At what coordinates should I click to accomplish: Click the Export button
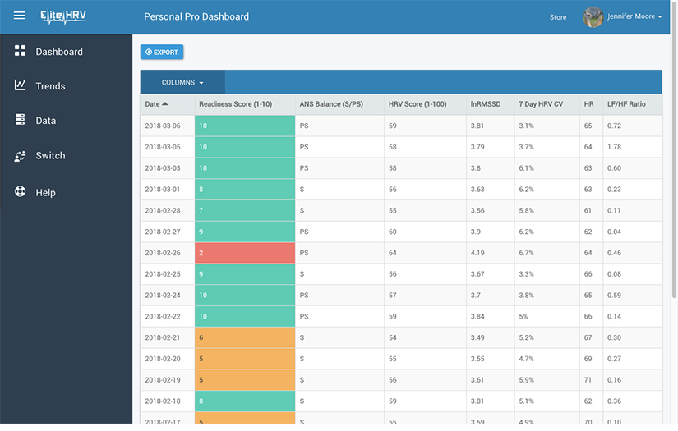tap(162, 53)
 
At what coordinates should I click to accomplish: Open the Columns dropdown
tap(182, 82)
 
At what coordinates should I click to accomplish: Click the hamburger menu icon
tap(20, 16)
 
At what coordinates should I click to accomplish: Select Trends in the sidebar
tap(50, 86)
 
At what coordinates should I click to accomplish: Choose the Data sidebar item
tap(46, 121)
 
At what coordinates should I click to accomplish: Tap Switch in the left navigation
tap(50, 156)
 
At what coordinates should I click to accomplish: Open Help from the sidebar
tap(45, 193)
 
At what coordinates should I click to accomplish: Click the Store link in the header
tap(558, 17)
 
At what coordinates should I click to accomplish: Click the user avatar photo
tap(593, 16)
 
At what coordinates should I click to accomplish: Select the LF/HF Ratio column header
tap(626, 104)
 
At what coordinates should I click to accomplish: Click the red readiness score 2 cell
tap(244, 253)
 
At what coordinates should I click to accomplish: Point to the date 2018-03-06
tap(163, 126)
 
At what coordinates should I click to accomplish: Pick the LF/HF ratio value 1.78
tap(614, 147)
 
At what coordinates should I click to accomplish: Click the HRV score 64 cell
tap(393, 253)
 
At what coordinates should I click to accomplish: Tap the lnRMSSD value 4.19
tap(478, 253)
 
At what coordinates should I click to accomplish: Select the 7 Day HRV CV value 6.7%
tap(527, 253)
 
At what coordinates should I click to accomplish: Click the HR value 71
tap(588, 380)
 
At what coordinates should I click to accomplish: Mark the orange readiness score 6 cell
tap(244, 337)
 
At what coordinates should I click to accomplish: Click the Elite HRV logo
tap(62, 16)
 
